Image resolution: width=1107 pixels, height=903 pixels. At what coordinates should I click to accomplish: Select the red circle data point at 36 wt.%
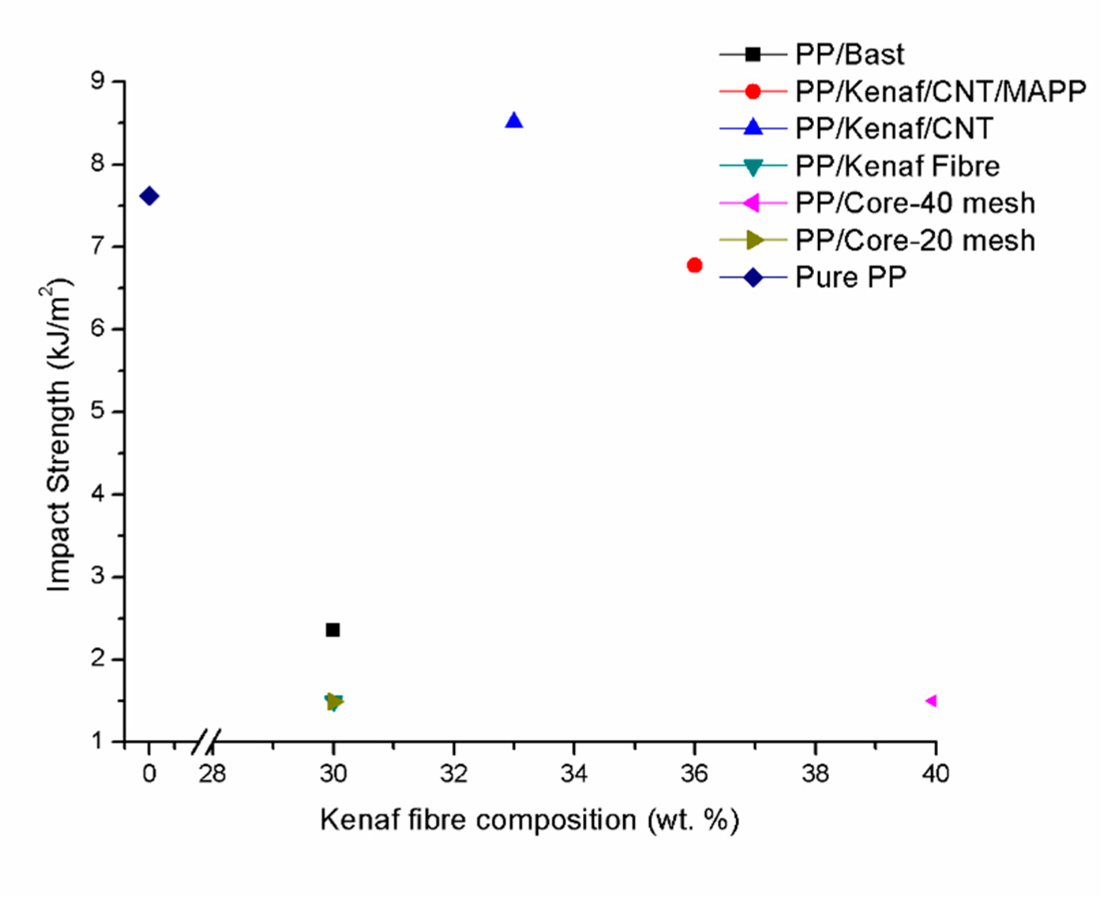[695, 265]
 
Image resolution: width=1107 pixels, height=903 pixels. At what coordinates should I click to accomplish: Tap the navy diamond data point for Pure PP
[149, 196]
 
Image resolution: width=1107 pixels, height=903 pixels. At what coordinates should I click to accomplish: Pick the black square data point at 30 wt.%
[333, 630]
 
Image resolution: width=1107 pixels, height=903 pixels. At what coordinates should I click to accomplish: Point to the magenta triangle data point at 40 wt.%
[932, 701]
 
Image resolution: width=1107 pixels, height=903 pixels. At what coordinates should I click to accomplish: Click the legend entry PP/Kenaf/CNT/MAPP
[941, 91]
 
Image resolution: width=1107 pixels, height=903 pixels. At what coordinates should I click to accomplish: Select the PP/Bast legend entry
[849, 54]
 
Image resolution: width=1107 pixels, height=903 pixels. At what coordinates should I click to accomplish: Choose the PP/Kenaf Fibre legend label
[897, 166]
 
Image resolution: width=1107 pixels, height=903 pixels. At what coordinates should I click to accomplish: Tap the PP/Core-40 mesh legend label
[915, 203]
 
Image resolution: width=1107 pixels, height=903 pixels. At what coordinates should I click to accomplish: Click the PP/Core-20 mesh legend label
[915, 240]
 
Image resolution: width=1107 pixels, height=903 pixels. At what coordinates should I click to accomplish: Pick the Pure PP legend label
[850, 277]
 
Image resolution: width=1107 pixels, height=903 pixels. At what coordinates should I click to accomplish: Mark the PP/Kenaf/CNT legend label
[894, 128]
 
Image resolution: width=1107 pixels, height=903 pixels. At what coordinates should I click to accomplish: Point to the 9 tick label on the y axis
[97, 82]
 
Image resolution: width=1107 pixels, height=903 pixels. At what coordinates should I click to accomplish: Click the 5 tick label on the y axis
[97, 412]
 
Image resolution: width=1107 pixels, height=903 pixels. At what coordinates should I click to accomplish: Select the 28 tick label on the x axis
[212, 775]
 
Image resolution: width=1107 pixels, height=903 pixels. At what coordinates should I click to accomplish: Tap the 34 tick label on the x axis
[574, 775]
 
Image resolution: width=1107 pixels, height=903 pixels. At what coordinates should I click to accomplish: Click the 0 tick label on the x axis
[149, 775]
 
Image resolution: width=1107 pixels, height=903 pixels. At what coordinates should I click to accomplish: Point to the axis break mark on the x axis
[206, 742]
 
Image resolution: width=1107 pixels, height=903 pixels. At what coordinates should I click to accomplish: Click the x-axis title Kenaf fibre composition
[529, 821]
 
